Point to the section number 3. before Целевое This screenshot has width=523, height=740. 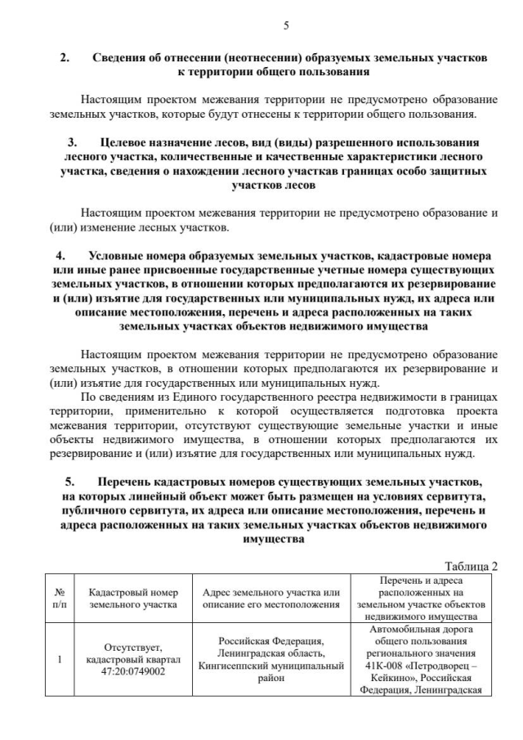click(x=72, y=141)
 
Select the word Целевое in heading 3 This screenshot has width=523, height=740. click(x=128, y=141)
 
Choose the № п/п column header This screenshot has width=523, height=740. click(x=59, y=599)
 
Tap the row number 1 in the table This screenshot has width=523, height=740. click(x=59, y=659)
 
